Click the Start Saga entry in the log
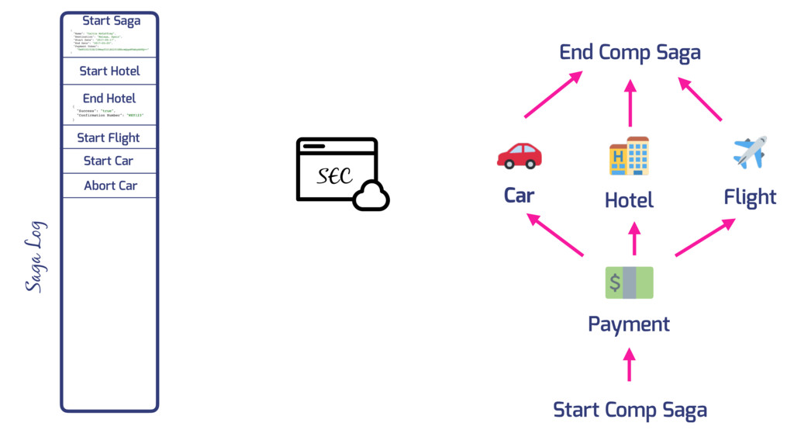(x=111, y=21)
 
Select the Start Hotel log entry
(x=109, y=71)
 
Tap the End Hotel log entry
(x=109, y=99)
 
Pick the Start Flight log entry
(x=109, y=138)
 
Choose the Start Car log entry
(x=109, y=161)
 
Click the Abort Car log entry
(x=110, y=185)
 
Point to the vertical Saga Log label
(x=36, y=257)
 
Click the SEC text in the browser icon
(x=335, y=176)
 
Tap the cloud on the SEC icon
(x=371, y=198)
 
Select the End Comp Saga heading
(x=630, y=53)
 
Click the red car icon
(x=520, y=155)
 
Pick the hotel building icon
(x=629, y=156)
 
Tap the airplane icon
(x=750, y=152)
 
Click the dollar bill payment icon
(x=629, y=282)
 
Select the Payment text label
(x=629, y=324)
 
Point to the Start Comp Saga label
(x=630, y=409)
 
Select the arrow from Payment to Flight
(x=705, y=237)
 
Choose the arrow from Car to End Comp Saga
(x=553, y=95)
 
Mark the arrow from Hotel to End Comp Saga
(x=630, y=103)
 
